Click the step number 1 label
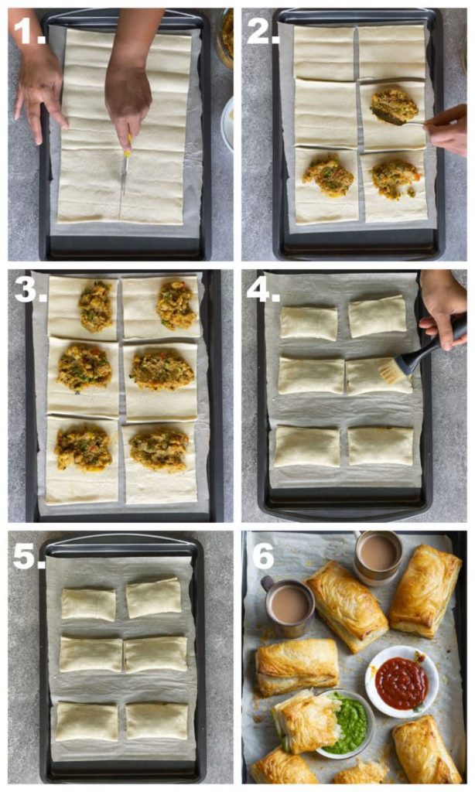[29, 30]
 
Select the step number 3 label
[30, 290]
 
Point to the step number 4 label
[263, 290]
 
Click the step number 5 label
[29, 556]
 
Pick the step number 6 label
[263, 556]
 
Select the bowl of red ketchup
[402, 681]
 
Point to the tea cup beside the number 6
[288, 606]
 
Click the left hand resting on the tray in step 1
[39, 94]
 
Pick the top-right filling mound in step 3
[176, 304]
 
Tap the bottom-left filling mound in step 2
[328, 176]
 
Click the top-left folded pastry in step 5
[88, 604]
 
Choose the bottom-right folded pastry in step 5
[156, 722]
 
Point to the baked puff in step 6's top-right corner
[425, 591]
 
